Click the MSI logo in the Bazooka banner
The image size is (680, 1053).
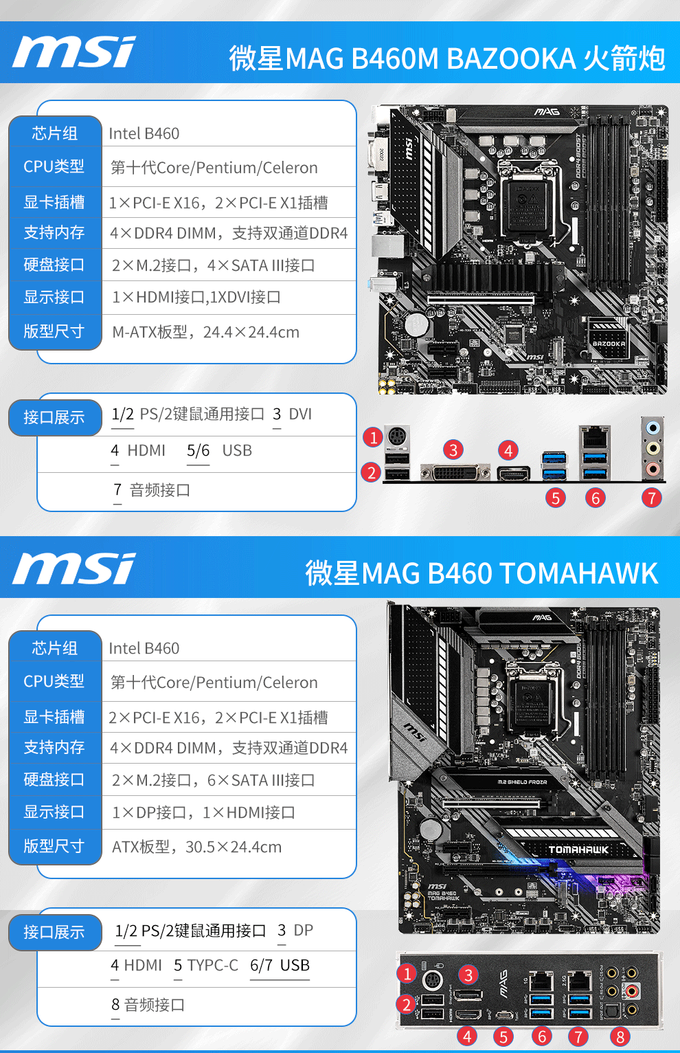[74, 52]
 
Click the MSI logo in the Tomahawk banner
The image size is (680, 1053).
[74, 568]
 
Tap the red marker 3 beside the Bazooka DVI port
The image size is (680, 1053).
[453, 450]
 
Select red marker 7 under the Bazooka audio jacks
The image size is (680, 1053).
[651, 498]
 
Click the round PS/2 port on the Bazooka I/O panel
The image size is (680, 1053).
[397, 436]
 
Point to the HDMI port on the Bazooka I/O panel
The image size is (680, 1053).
[513, 473]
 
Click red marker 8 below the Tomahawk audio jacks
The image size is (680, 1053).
[620, 1037]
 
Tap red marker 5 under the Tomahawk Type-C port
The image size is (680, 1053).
[503, 1037]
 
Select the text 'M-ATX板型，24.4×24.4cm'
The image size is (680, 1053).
[205, 333]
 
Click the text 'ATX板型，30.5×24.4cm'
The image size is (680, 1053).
[196, 847]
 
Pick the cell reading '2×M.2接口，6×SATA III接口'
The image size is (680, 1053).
[213, 781]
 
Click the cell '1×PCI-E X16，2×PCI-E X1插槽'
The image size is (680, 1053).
[218, 203]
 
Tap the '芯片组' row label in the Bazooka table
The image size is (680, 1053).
[55, 133]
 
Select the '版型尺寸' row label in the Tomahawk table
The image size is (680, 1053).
[54, 846]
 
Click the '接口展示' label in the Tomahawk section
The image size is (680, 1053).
[54, 933]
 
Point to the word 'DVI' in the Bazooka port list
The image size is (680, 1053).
[300, 414]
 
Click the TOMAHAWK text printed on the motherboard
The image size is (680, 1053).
[578, 850]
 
